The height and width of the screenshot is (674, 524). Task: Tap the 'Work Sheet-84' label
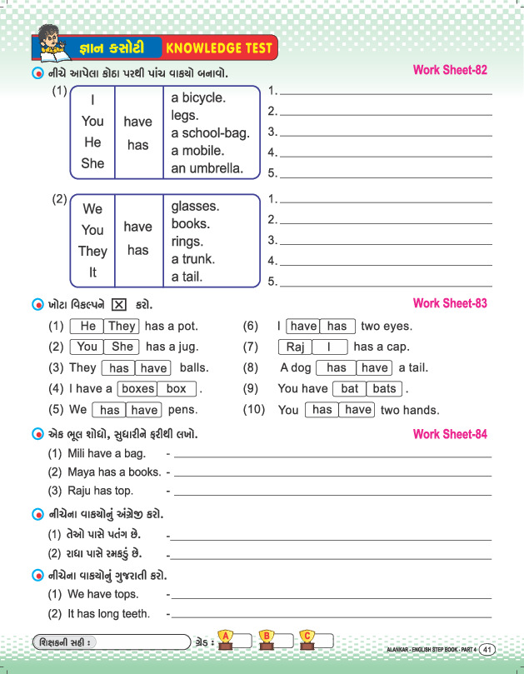(450, 434)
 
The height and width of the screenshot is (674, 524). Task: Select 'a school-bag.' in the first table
(210, 133)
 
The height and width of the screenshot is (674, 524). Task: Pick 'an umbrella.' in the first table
(207, 168)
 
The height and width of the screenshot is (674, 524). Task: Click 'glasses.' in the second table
(195, 206)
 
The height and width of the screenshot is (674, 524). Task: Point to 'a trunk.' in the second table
(192, 259)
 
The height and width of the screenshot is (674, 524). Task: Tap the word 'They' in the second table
(92, 251)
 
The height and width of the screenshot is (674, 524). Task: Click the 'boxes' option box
(137, 388)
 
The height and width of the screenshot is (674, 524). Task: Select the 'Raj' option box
(295, 347)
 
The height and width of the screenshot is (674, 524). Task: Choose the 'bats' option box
(384, 388)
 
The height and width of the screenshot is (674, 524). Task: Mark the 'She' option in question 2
(122, 347)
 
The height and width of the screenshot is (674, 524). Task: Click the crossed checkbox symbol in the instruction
(118, 304)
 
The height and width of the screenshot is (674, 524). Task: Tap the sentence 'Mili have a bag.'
(107, 453)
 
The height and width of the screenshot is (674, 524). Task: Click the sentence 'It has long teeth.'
(109, 614)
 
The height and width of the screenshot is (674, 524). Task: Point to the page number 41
(488, 649)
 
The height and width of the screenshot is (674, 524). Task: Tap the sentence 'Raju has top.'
(102, 491)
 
